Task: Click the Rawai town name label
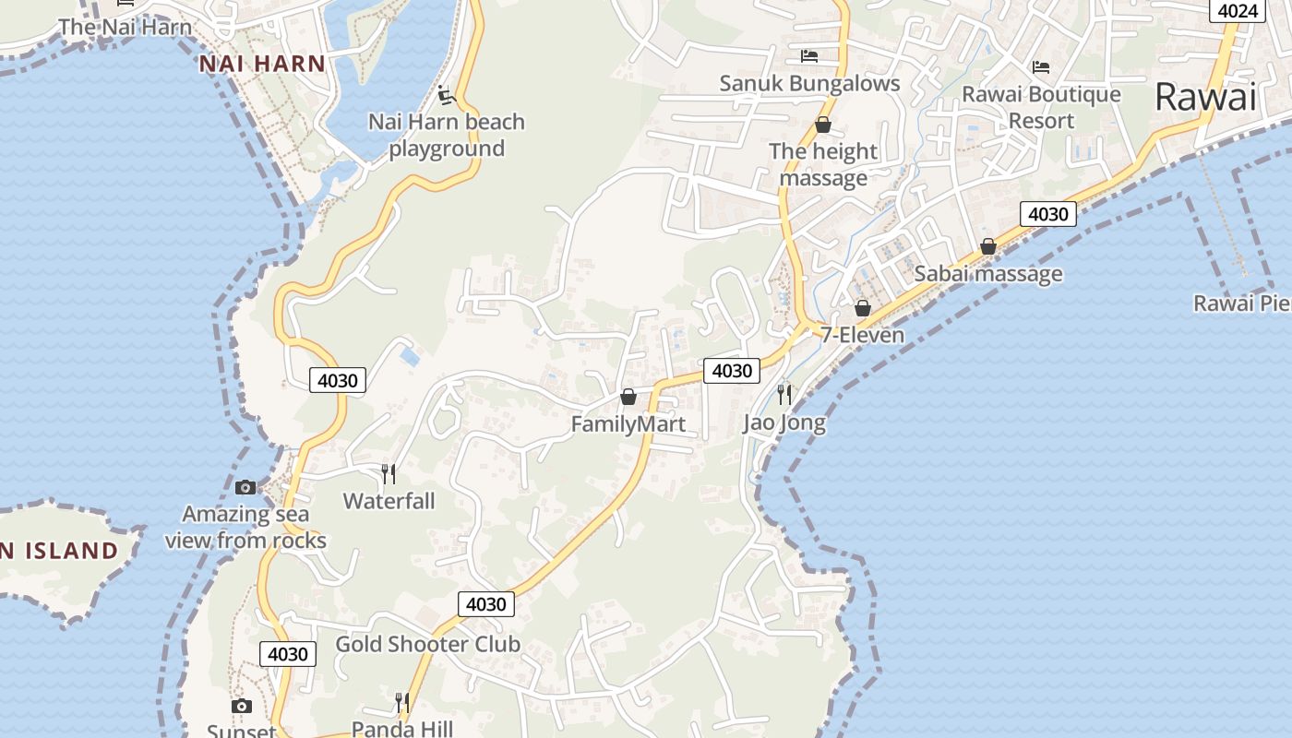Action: point(1205,97)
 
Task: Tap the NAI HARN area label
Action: point(262,64)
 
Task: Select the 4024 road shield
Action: point(1238,10)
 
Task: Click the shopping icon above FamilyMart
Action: point(628,397)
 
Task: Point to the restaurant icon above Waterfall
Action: point(389,474)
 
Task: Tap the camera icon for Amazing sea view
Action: point(245,487)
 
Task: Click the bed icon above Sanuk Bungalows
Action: point(809,56)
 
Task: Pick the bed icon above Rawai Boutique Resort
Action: point(1041,66)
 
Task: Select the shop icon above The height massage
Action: point(823,125)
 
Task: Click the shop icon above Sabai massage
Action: point(988,246)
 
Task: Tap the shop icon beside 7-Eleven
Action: point(863,308)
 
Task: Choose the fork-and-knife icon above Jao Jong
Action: point(784,395)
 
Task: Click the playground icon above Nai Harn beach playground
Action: point(447,95)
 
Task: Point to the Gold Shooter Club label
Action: point(427,644)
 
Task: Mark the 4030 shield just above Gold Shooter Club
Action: point(486,604)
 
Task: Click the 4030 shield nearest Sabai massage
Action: point(1048,214)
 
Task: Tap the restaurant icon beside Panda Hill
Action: point(402,703)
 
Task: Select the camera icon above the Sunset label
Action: point(242,707)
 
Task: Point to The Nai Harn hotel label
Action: point(126,27)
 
